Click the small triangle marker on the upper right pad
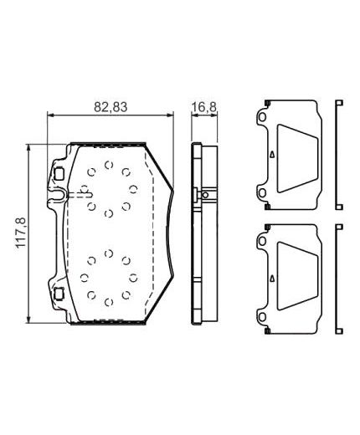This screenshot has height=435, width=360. (271, 156)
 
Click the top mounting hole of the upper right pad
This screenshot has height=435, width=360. (265, 120)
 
